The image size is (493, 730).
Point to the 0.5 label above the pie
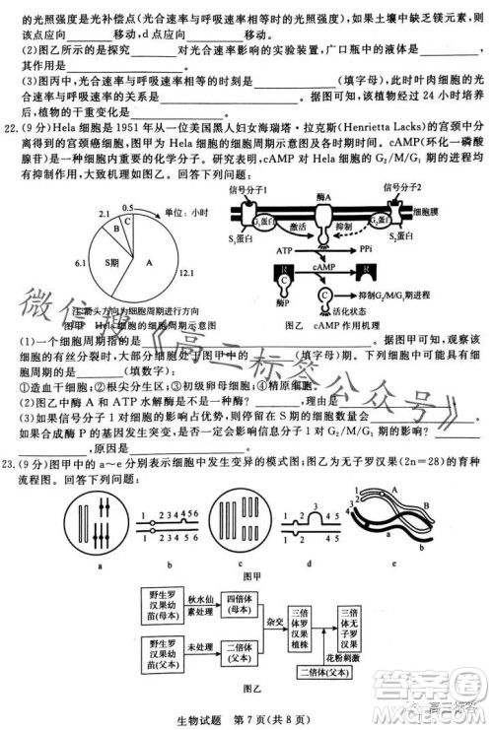(x=128, y=208)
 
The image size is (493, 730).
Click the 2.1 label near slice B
(x=104, y=213)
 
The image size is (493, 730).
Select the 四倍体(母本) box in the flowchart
(x=241, y=604)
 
